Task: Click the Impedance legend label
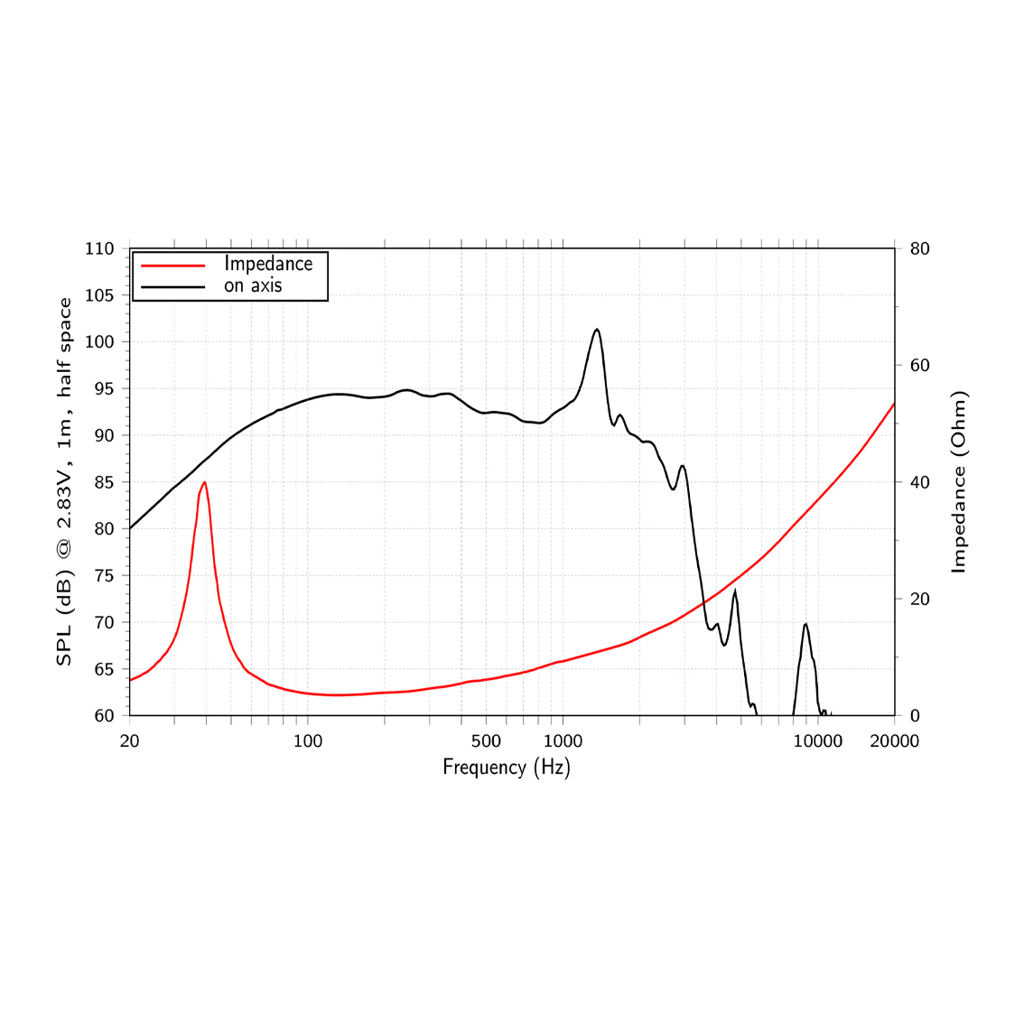(x=268, y=264)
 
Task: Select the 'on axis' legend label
(x=253, y=285)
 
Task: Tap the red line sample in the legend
(x=173, y=265)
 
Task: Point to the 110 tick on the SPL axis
(x=99, y=249)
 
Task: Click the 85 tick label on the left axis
(x=104, y=482)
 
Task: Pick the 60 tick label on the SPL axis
(x=104, y=716)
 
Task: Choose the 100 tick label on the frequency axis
(x=308, y=741)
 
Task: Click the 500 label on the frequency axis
(x=486, y=741)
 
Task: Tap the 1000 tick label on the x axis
(x=563, y=741)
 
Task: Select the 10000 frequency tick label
(x=817, y=741)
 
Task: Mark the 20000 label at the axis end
(x=895, y=741)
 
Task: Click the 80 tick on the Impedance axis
(x=919, y=249)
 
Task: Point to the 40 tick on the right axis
(x=919, y=482)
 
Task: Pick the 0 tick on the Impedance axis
(x=915, y=716)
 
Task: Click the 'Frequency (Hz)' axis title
(x=507, y=768)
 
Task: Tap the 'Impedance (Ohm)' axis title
(x=958, y=482)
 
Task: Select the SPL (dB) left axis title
(x=64, y=482)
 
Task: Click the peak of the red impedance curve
(x=204, y=482)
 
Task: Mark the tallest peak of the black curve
(x=597, y=329)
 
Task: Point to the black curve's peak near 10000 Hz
(x=805, y=624)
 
